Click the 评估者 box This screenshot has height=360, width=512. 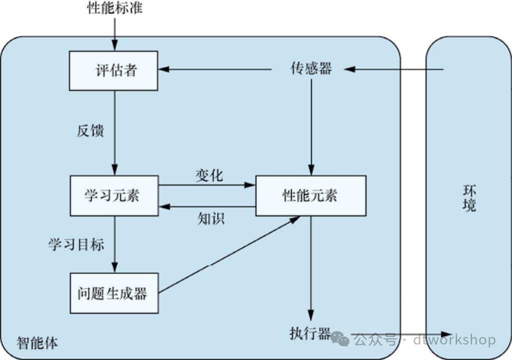114,70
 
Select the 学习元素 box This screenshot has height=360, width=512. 115,195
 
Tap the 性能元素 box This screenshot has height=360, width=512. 311,195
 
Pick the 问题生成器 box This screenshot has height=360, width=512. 114,293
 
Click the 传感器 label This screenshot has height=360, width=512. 311,69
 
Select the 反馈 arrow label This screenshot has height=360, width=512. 91,131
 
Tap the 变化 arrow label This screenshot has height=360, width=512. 209,176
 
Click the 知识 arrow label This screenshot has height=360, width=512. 211,218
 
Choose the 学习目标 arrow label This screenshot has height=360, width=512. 76,244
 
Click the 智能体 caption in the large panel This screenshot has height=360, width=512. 37,343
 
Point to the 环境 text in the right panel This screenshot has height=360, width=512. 469,198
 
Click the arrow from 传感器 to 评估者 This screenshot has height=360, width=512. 215,69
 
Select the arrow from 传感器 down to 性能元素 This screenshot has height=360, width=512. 311,125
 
